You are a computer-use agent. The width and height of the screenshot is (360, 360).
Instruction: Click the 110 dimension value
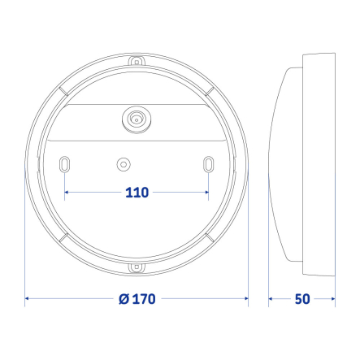click(x=136, y=193)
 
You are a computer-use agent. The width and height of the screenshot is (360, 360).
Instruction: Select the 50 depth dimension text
click(x=302, y=299)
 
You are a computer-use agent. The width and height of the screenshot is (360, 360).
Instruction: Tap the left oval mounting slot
click(x=63, y=164)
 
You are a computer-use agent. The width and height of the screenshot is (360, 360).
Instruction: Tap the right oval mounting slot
click(x=209, y=164)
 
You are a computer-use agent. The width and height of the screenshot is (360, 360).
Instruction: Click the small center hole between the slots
click(x=123, y=164)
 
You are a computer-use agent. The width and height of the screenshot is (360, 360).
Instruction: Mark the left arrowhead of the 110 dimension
click(x=67, y=193)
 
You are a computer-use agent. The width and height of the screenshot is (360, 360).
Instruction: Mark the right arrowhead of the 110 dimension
click(x=206, y=193)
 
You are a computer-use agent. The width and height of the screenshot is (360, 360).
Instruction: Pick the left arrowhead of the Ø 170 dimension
click(x=28, y=299)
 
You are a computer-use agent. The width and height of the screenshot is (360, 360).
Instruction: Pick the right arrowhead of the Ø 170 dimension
click(x=245, y=299)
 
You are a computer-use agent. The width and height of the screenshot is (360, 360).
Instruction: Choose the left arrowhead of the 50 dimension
click(x=272, y=299)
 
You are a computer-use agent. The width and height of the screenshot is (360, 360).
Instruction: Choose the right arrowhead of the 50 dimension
click(x=332, y=299)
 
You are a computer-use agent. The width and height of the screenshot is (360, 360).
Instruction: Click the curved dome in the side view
click(x=284, y=163)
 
